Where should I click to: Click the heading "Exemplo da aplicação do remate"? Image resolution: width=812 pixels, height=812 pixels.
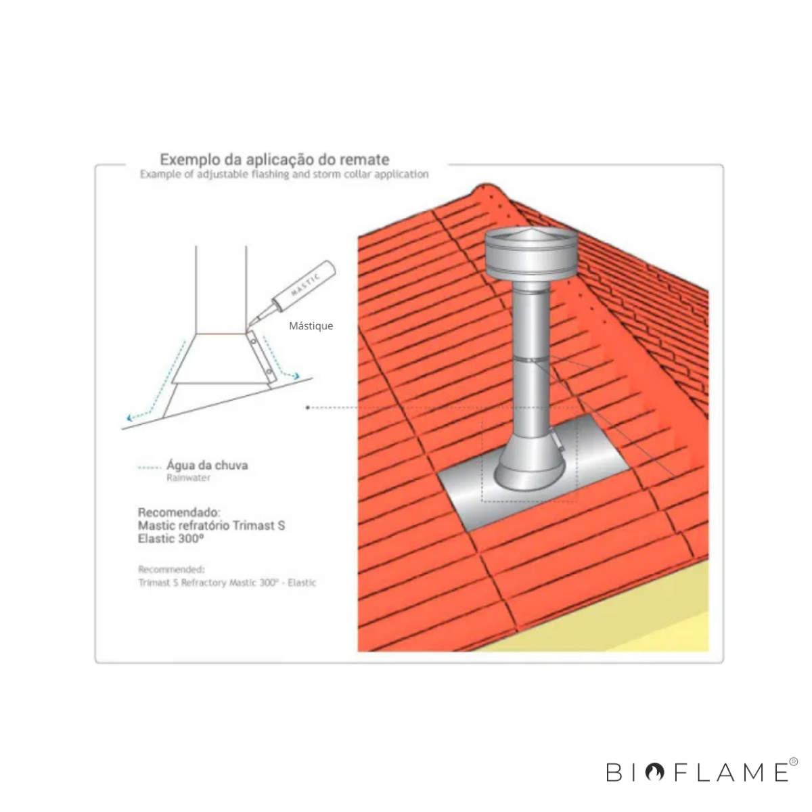pyautogui.click(x=274, y=160)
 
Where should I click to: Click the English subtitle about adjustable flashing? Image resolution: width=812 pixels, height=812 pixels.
pyautogui.click(x=284, y=174)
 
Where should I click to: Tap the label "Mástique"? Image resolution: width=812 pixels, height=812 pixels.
pyautogui.click(x=311, y=325)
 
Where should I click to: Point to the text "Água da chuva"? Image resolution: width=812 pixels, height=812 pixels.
pyautogui.click(x=207, y=465)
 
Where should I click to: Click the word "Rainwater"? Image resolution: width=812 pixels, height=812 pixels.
pyautogui.click(x=188, y=478)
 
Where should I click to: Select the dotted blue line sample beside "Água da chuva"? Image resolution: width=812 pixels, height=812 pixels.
pyautogui.click(x=150, y=468)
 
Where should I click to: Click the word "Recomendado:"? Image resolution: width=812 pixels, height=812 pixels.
pyautogui.click(x=179, y=513)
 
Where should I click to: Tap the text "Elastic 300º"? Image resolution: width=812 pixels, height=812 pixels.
pyautogui.click(x=171, y=539)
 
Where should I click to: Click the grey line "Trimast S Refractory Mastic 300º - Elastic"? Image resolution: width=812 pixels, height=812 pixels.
pyautogui.click(x=227, y=583)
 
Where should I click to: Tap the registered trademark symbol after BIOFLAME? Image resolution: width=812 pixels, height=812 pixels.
pyautogui.click(x=794, y=761)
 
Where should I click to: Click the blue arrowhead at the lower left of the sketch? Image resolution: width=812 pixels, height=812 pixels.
pyautogui.click(x=130, y=418)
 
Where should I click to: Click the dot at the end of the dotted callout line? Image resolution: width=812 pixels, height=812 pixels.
pyautogui.click(x=308, y=407)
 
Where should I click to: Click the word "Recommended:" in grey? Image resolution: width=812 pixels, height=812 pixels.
pyautogui.click(x=171, y=569)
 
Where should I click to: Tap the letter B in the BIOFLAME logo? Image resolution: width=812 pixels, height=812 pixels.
pyautogui.click(x=614, y=772)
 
